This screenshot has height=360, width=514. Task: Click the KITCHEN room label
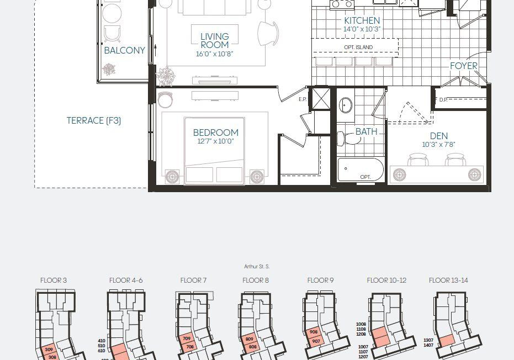coord(362,20)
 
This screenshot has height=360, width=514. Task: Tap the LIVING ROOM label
coord(215,41)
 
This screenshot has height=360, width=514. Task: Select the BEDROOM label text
coord(216,133)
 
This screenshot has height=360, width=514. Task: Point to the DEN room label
coord(438,136)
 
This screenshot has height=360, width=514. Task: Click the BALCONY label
coord(125,50)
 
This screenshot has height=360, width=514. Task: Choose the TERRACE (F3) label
coord(94,121)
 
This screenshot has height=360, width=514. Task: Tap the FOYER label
coord(464,66)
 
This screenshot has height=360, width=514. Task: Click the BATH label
coord(367,131)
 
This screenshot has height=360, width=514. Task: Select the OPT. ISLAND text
coord(358,47)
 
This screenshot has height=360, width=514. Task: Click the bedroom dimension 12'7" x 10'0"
coord(215,141)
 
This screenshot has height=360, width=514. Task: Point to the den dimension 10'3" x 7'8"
coord(438,144)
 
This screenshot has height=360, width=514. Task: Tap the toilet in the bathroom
coord(348,138)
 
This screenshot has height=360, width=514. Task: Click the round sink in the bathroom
coord(345,105)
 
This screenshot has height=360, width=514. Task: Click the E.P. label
coord(303,99)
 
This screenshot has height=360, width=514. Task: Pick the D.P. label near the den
coord(443,100)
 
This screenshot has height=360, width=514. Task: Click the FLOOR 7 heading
coord(193,280)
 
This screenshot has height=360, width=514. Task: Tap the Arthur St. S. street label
coord(257,267)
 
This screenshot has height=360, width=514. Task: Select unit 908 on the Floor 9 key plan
coord(314,332)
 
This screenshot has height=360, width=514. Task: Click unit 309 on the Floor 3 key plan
coord(49,350)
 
